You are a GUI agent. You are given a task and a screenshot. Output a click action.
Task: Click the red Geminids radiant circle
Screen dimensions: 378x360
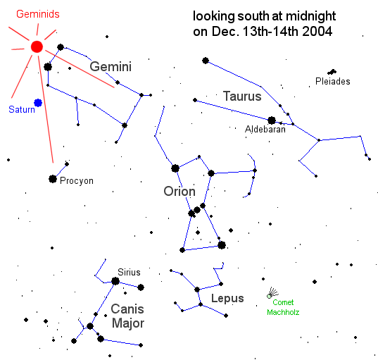point(37,46)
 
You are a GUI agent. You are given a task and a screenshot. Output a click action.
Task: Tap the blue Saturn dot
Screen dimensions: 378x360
point(38,103)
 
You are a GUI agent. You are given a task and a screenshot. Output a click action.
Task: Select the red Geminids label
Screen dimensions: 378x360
point(38,14)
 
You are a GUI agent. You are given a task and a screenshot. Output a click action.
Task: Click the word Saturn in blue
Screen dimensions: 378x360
point(22,109)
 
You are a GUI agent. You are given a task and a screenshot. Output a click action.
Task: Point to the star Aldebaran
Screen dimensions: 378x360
point(272,120)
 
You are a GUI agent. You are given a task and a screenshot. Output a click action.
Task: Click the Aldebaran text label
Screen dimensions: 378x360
point(265,130)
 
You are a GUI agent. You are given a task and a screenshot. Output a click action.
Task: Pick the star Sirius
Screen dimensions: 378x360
point(115,281)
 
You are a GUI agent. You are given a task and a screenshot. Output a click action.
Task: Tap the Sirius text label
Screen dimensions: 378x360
point(129,273)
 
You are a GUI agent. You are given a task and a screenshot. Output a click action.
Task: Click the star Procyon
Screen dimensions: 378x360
point(53,179)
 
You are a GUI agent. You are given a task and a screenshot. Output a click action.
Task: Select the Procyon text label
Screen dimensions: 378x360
point(77,181)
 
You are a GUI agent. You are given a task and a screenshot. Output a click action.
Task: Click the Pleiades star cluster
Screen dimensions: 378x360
point(332,72)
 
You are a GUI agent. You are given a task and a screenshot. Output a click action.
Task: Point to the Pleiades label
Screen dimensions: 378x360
point(333,81)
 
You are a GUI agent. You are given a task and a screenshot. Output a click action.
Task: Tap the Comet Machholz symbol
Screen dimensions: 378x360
point(272,293)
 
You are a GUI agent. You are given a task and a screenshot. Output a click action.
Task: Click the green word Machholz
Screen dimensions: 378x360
point(283,312)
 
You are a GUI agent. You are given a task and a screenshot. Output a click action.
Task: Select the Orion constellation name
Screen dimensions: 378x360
point(179,192)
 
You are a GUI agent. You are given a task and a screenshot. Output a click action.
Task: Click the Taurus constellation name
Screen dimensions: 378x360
point(242,96)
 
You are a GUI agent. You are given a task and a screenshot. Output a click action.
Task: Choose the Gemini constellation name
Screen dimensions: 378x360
point(111,66)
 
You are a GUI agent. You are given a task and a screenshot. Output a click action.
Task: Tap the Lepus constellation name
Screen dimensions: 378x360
point(227,299)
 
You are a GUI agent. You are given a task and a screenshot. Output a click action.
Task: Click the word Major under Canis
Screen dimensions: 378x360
point(128,323)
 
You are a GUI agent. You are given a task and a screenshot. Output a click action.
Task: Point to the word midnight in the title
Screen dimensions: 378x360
point(310,17)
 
